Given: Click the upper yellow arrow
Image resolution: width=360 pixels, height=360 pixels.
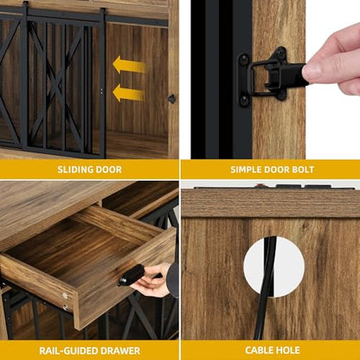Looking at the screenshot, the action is point(129,66).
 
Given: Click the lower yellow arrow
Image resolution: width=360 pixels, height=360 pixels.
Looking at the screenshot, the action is point(129,93).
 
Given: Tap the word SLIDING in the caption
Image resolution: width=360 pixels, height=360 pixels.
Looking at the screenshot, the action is point(74,170).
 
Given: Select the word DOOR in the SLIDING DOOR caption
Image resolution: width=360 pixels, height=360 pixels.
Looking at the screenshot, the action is point(107,170).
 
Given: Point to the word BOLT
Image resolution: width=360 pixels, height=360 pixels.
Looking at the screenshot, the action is point(303,170).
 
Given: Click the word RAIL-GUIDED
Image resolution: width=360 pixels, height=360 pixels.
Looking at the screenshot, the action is point(65,350).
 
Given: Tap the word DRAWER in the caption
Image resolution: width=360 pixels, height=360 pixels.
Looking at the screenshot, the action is point(117,350).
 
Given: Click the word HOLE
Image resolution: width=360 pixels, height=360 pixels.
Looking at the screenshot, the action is point(287,350).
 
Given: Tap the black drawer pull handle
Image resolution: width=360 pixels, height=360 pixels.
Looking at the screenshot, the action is point(132,275).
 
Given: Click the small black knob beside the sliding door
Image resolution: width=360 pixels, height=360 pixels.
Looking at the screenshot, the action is point(171,99).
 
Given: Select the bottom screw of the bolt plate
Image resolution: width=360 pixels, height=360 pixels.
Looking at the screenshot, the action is point(244,100).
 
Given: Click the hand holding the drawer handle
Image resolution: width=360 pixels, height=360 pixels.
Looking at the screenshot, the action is point(153,281).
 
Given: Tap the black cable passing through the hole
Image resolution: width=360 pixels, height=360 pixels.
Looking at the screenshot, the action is point(267,288).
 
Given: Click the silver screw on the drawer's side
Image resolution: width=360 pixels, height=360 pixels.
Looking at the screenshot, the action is point(65,295).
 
